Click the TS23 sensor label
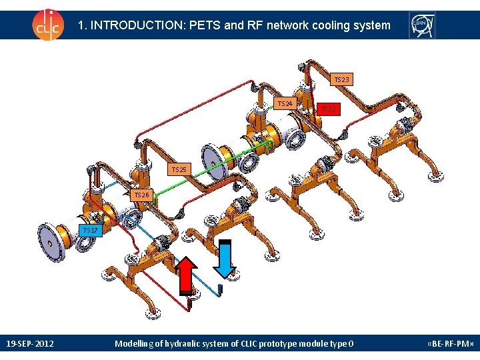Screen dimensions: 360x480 coord(341,79)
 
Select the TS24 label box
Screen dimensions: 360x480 coord(285,103)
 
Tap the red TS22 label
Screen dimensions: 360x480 coord(329,108)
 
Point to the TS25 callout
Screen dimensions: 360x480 coord(179,170)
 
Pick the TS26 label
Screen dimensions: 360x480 coord(141,195)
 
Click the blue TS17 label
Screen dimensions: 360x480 coord(90,231)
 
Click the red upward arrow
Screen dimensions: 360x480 coord(188,274)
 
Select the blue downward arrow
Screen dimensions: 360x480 coord(225,258)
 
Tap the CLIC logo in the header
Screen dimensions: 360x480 coord(47,25)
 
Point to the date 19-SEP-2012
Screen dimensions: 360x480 coord(30,344)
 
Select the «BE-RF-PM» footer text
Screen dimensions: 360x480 coord(450,344)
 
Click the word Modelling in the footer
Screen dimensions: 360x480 coord(136,344)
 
